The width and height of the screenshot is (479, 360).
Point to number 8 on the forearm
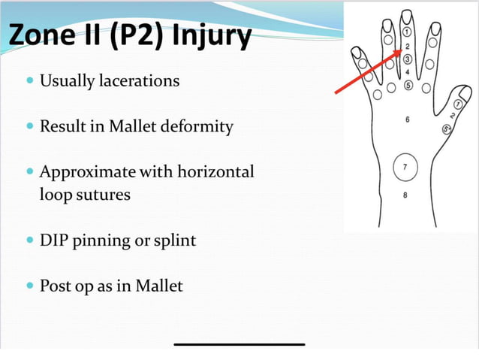point(405,196)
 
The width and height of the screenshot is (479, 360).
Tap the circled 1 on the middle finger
point(407,33)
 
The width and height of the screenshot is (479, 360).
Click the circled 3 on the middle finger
point(407,59)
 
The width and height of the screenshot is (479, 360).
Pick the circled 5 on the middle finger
point(408,85)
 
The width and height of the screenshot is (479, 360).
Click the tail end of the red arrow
point(336,92)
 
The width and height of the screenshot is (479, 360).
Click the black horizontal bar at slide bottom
point(239,344)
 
